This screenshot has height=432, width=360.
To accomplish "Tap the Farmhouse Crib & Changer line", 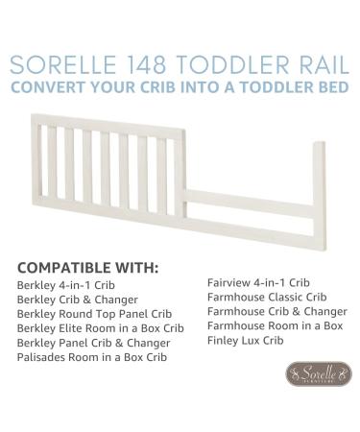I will click(x=276, y=311).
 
